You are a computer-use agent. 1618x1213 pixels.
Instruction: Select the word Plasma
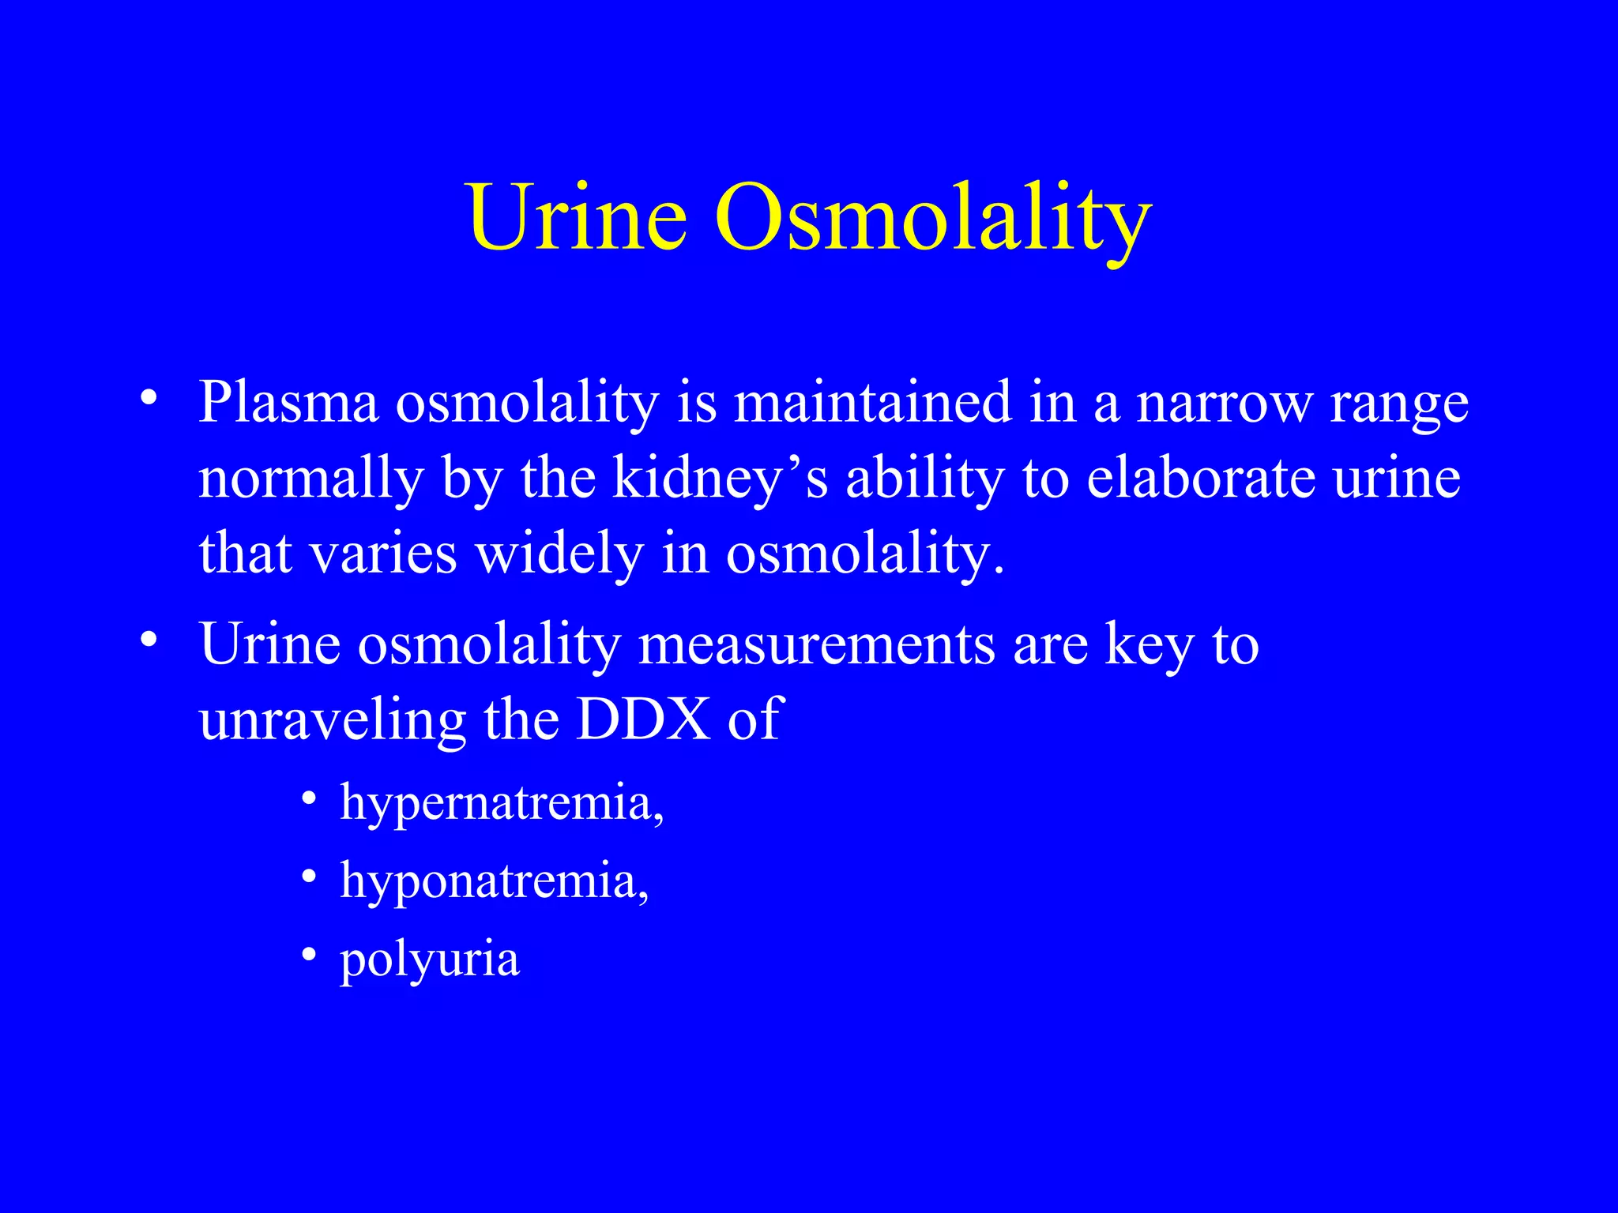(288, 403)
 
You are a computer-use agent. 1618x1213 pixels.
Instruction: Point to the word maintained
(873, 403)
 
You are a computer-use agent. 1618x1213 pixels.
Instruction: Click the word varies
(383, 554)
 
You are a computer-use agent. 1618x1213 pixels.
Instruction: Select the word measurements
(816, 645)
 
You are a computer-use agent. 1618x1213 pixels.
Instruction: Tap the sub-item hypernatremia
(501, 803)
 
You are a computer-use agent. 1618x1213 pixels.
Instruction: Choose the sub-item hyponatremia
(494, 881)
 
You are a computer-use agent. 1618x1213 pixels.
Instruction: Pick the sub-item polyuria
(430, 960)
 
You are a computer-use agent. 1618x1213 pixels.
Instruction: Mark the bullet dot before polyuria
(310, 956)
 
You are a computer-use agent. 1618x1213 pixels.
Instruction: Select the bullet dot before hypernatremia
(310, 798)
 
